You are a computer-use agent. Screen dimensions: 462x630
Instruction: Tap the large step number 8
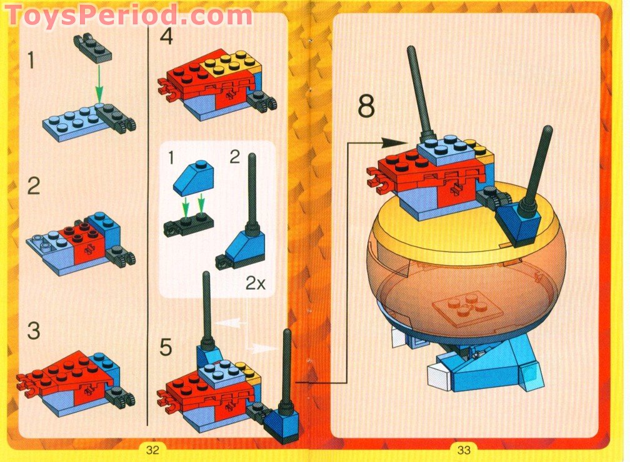coord(366,106)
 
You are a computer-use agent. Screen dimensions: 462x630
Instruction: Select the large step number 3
coord(33,331)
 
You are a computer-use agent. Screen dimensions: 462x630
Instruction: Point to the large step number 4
coord(166,36)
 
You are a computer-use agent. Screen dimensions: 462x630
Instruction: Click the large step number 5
coord(165,347)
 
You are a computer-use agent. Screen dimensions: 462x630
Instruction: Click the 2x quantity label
coord(255,283)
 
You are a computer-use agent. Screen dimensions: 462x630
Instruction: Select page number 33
coord(464,449)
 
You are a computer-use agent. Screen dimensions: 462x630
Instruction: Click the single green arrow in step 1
coord(98,81)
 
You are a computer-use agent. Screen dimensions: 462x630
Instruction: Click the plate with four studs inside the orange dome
coord(461,310)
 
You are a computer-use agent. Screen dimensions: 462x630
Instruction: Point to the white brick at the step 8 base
coord(440,377)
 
